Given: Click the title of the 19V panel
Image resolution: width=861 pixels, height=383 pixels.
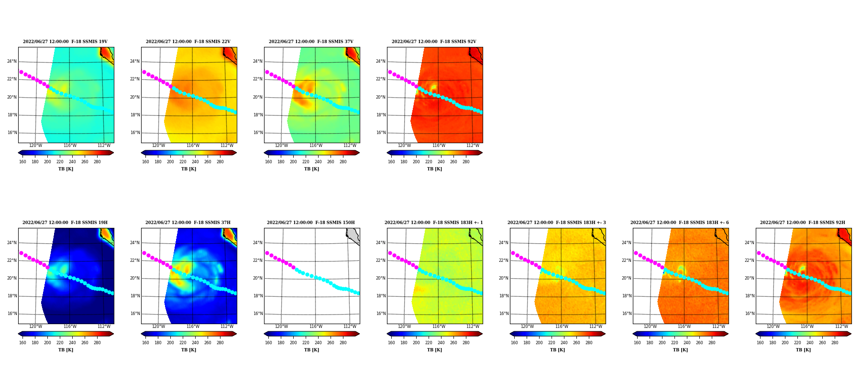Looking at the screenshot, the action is click(65, 42).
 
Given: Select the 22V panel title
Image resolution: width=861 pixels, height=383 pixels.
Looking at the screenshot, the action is click(188, 42).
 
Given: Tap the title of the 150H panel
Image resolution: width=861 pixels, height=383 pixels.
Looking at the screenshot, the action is click(311, 223).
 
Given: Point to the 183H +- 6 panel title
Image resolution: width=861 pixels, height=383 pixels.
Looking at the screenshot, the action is click(680, 223).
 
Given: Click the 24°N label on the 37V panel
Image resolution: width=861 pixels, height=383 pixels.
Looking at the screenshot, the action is click(258, 61).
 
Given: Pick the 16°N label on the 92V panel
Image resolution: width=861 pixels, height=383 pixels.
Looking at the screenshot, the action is click(381, 133).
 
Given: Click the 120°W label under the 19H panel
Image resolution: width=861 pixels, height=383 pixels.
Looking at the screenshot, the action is click(35, 327).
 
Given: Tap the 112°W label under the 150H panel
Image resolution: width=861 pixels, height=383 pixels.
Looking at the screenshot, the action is click(350, 327).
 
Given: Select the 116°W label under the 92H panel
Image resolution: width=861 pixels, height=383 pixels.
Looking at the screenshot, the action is click(807, 327).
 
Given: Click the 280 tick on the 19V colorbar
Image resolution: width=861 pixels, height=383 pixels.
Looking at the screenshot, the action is click(97, 162).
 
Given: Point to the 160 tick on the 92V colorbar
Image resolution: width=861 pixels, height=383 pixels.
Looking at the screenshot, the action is click(391, 162).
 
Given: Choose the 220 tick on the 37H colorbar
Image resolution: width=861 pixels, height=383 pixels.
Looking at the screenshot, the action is click(183, 343).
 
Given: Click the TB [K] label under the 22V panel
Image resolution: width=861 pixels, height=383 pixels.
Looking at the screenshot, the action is click(188, 169).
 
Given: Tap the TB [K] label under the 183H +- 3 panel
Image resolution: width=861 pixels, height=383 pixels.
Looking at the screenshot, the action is click(557, 350).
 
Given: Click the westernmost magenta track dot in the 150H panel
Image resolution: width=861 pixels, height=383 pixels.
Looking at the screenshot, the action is click(267, 253).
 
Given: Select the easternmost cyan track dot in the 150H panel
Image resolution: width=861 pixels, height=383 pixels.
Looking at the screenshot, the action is click(358, 293).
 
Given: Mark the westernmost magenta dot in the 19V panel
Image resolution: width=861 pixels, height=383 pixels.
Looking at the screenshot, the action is click(21, 72).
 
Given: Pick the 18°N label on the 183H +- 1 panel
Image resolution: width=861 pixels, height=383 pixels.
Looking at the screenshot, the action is click(381, 296).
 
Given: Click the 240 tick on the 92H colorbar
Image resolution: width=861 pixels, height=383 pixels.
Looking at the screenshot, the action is click(810, 343).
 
